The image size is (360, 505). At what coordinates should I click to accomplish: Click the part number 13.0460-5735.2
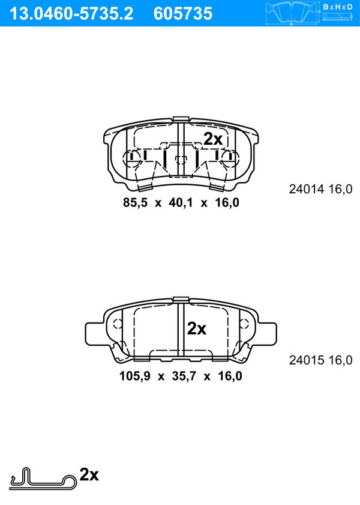(71, 14)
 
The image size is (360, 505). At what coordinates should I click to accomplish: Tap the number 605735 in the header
(183, 14)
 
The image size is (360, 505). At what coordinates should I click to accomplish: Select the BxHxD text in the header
(338, 7)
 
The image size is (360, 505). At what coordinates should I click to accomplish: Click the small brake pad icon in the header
(292, 13)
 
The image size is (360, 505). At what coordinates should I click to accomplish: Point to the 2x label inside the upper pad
(213, 139)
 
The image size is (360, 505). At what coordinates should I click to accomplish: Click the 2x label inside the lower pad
(197, 328)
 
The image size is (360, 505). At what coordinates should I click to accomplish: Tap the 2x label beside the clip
(89, 474)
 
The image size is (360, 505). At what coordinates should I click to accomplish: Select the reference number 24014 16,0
(320, 189)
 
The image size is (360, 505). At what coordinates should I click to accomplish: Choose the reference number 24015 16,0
(320, 360)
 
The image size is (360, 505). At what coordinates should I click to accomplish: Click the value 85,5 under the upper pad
(135, 202)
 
